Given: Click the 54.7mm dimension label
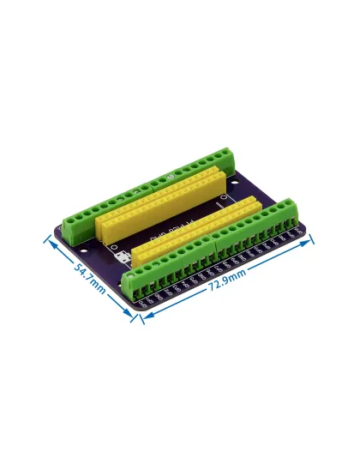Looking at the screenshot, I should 89,280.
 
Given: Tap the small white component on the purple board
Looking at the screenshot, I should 123,257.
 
